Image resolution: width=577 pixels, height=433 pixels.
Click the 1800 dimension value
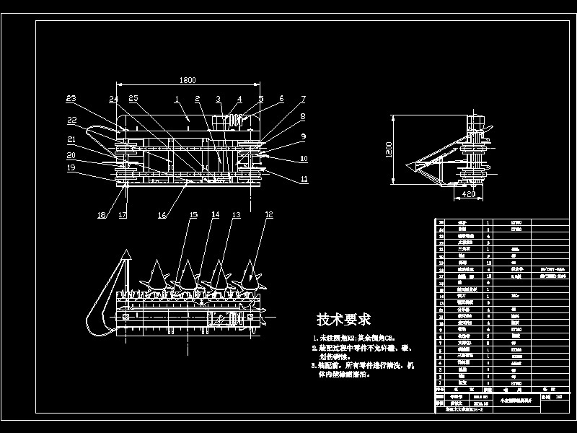[188, 80]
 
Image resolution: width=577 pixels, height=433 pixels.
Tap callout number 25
[133, 98]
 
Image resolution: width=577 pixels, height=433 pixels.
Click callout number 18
[102, 214]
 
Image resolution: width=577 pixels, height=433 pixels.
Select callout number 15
[193, 214]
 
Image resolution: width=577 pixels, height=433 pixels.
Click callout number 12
[269, 214]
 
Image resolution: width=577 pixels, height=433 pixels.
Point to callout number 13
[237, 214]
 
